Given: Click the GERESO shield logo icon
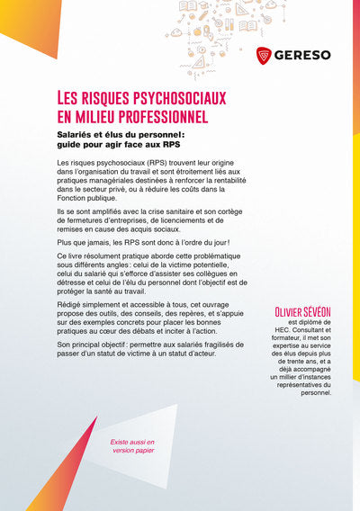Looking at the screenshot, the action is pyautogui.click(x=265, y=55).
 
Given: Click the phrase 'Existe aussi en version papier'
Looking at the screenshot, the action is pyautogui.click(x=132, y=447).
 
